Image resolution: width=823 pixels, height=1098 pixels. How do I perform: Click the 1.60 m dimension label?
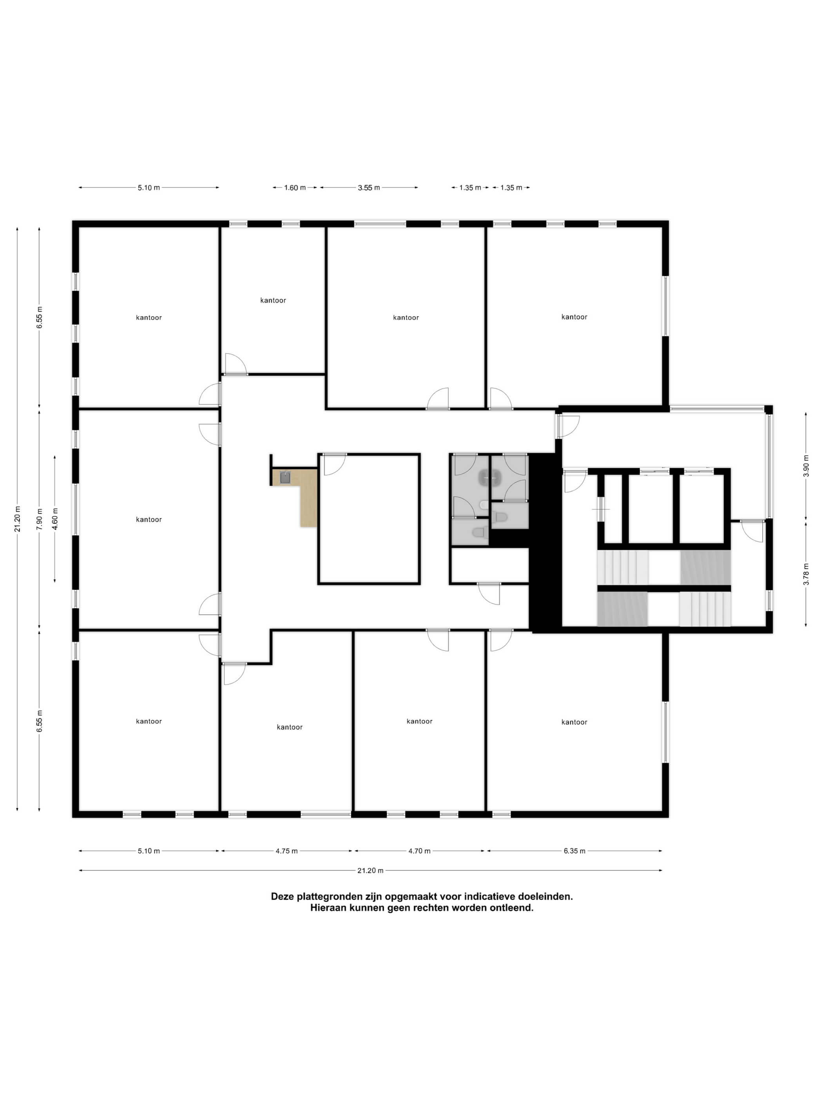(295, 187)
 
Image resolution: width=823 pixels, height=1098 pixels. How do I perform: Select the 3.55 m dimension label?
(369, 187)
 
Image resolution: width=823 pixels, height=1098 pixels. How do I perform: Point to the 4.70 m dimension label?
(419, 851)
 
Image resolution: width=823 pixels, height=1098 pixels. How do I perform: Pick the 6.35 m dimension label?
(574, 851)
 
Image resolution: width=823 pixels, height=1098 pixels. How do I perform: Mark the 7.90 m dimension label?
(40, 519)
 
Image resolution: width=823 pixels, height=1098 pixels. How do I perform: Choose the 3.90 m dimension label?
(806, 465)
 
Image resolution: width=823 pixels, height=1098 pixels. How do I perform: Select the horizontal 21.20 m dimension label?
(370, 870)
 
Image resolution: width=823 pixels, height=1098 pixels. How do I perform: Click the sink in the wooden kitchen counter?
(285, 478)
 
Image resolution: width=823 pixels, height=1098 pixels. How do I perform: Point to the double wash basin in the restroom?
(489, 478)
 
